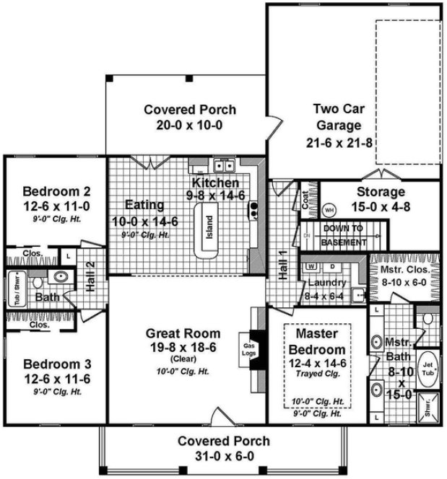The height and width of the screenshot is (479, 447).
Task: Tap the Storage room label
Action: pyautogui.click(x=381, y=192)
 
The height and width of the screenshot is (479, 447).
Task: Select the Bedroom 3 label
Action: pyautogui.click(x=56, y=363)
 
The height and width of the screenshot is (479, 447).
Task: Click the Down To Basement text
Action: pyautogui.click(x=344, y=236)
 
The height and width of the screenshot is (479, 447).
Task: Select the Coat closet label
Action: pyautogui.click(x=305, y=201)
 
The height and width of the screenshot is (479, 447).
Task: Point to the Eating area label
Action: pyautogui.click(x=144, y=205)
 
